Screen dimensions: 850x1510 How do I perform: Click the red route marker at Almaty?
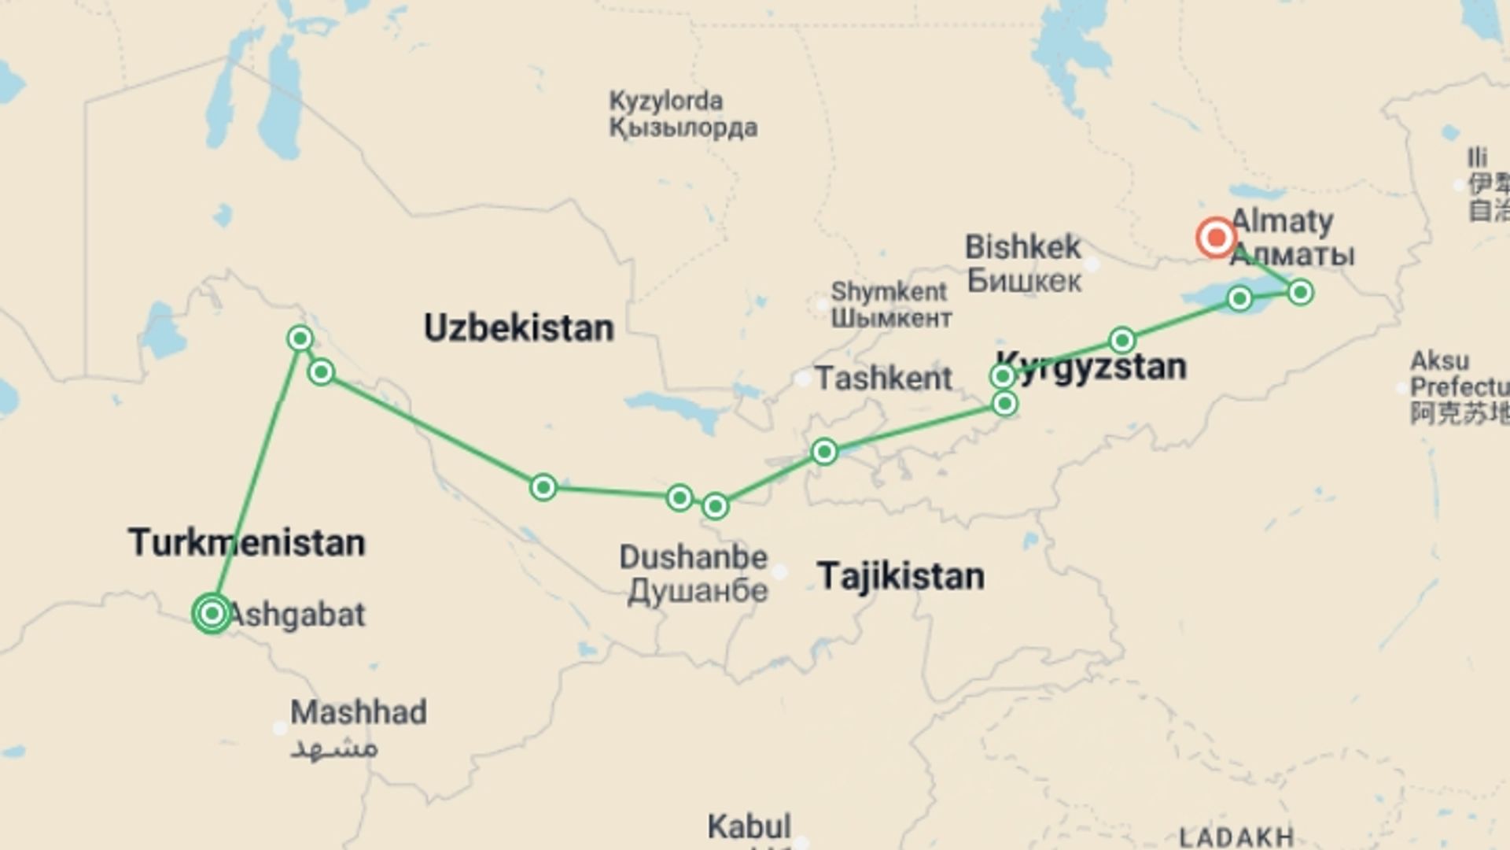(1216, 237)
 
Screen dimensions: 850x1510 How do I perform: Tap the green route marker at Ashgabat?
(212, 613)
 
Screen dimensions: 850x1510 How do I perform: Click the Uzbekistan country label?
(518, 327)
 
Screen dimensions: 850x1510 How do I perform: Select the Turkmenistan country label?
(247, 542)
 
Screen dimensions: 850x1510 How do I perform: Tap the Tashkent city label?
(883, 379)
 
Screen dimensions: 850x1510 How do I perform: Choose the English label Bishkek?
(1022, 247)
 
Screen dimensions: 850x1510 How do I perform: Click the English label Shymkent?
(889, 291)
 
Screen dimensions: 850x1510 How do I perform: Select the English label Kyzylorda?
(665, 101)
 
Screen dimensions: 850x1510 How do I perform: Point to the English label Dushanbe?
(693, 557)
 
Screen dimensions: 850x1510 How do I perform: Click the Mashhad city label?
(359, 712)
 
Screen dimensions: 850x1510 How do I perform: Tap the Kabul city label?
(749, 826)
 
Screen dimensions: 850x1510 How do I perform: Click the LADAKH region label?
(1236, 837)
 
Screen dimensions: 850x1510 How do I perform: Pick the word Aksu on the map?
(1439, 361)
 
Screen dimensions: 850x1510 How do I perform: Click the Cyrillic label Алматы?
(1291, 255)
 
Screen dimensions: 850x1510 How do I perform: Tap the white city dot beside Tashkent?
(802, 379)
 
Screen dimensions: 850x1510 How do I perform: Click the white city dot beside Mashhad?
(279, 728)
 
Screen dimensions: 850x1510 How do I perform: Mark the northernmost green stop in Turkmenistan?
(300, 338)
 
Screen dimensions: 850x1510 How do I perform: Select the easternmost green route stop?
(1300, 293)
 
